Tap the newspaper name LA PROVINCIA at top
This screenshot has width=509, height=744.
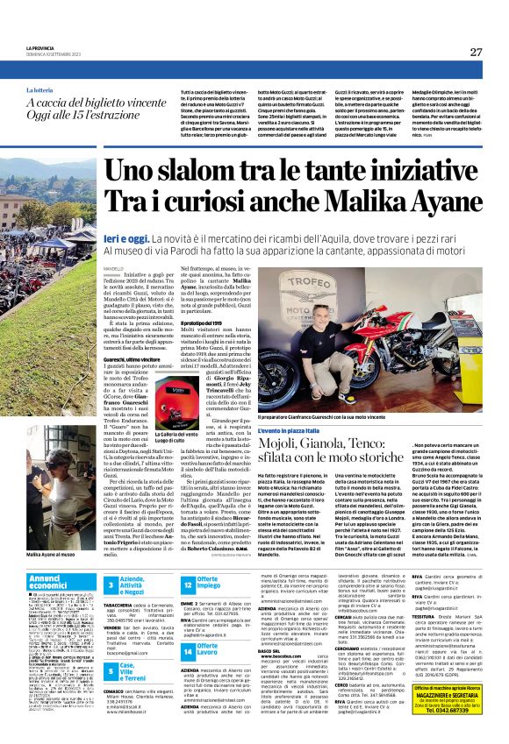(x=43, y=48)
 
